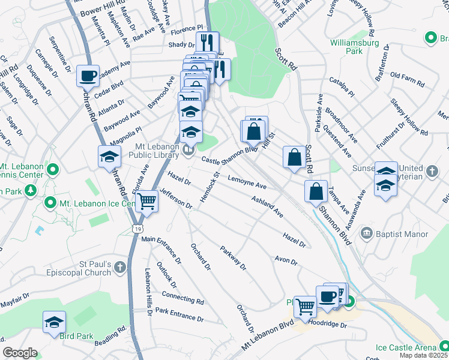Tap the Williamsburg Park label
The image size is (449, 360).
click(355, 47)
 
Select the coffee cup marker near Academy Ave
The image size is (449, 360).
click(88, 76)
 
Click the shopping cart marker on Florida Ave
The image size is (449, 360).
click(146, 202)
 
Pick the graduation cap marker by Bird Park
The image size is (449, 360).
click(54, 322)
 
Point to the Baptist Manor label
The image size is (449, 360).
click(402, 234)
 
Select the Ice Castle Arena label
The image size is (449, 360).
click(406, 347)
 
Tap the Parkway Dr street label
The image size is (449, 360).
click(233, 258)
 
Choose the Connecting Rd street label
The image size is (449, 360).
click(183, 298)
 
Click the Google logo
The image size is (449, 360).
click(20, 353)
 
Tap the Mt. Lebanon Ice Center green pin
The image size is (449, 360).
click(51, 204)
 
